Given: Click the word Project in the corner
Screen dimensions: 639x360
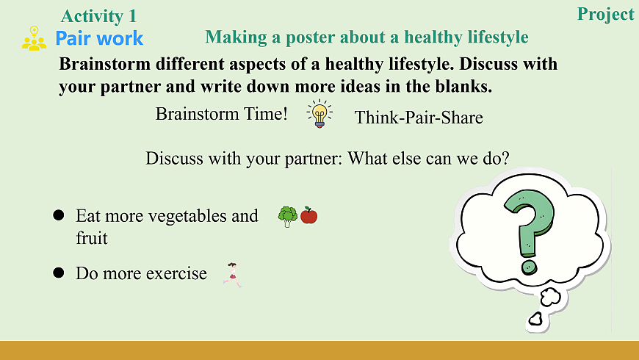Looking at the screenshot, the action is click(x=606, y=15).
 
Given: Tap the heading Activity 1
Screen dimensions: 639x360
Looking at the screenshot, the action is click(x=98, y=16).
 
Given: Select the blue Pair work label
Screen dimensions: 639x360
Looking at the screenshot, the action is click(x=99, y=38).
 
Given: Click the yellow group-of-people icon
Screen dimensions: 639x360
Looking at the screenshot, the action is click(x=34, y=38).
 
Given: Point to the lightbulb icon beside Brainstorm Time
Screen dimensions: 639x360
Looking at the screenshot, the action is click(x=319, y=114).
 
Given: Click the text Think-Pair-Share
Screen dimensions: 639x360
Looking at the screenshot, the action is click(x=419, y=118).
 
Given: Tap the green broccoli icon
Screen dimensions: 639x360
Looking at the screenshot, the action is click(x=288, y=217).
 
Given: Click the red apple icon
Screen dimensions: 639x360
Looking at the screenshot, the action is click(x=309, y=215).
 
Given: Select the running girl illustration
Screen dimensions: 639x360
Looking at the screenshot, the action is click(x=233, y=276).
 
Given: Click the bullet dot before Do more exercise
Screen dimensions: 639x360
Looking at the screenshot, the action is click(x=59, y=273).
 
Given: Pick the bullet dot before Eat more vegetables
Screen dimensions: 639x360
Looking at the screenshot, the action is click(x=59, y=215).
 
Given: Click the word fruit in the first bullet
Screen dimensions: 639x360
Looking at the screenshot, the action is click(x=92, y=238).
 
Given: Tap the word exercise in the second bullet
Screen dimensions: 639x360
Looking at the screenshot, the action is click(x=176, y=273).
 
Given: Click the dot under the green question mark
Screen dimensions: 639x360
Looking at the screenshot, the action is click(x=529, y=268).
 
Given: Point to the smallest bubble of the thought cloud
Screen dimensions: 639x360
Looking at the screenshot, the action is click(x=535, y=319).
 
